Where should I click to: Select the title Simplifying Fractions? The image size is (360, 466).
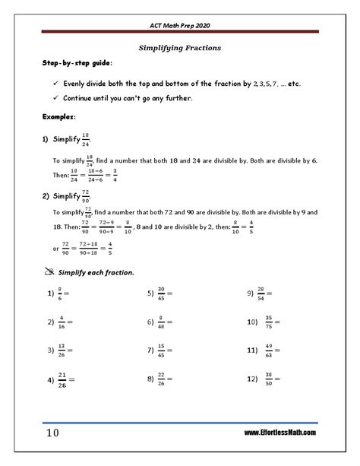tap(180, 47)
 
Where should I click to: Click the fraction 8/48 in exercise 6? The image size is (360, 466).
tap(162, 322)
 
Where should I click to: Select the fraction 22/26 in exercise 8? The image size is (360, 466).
tap(162, 377)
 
